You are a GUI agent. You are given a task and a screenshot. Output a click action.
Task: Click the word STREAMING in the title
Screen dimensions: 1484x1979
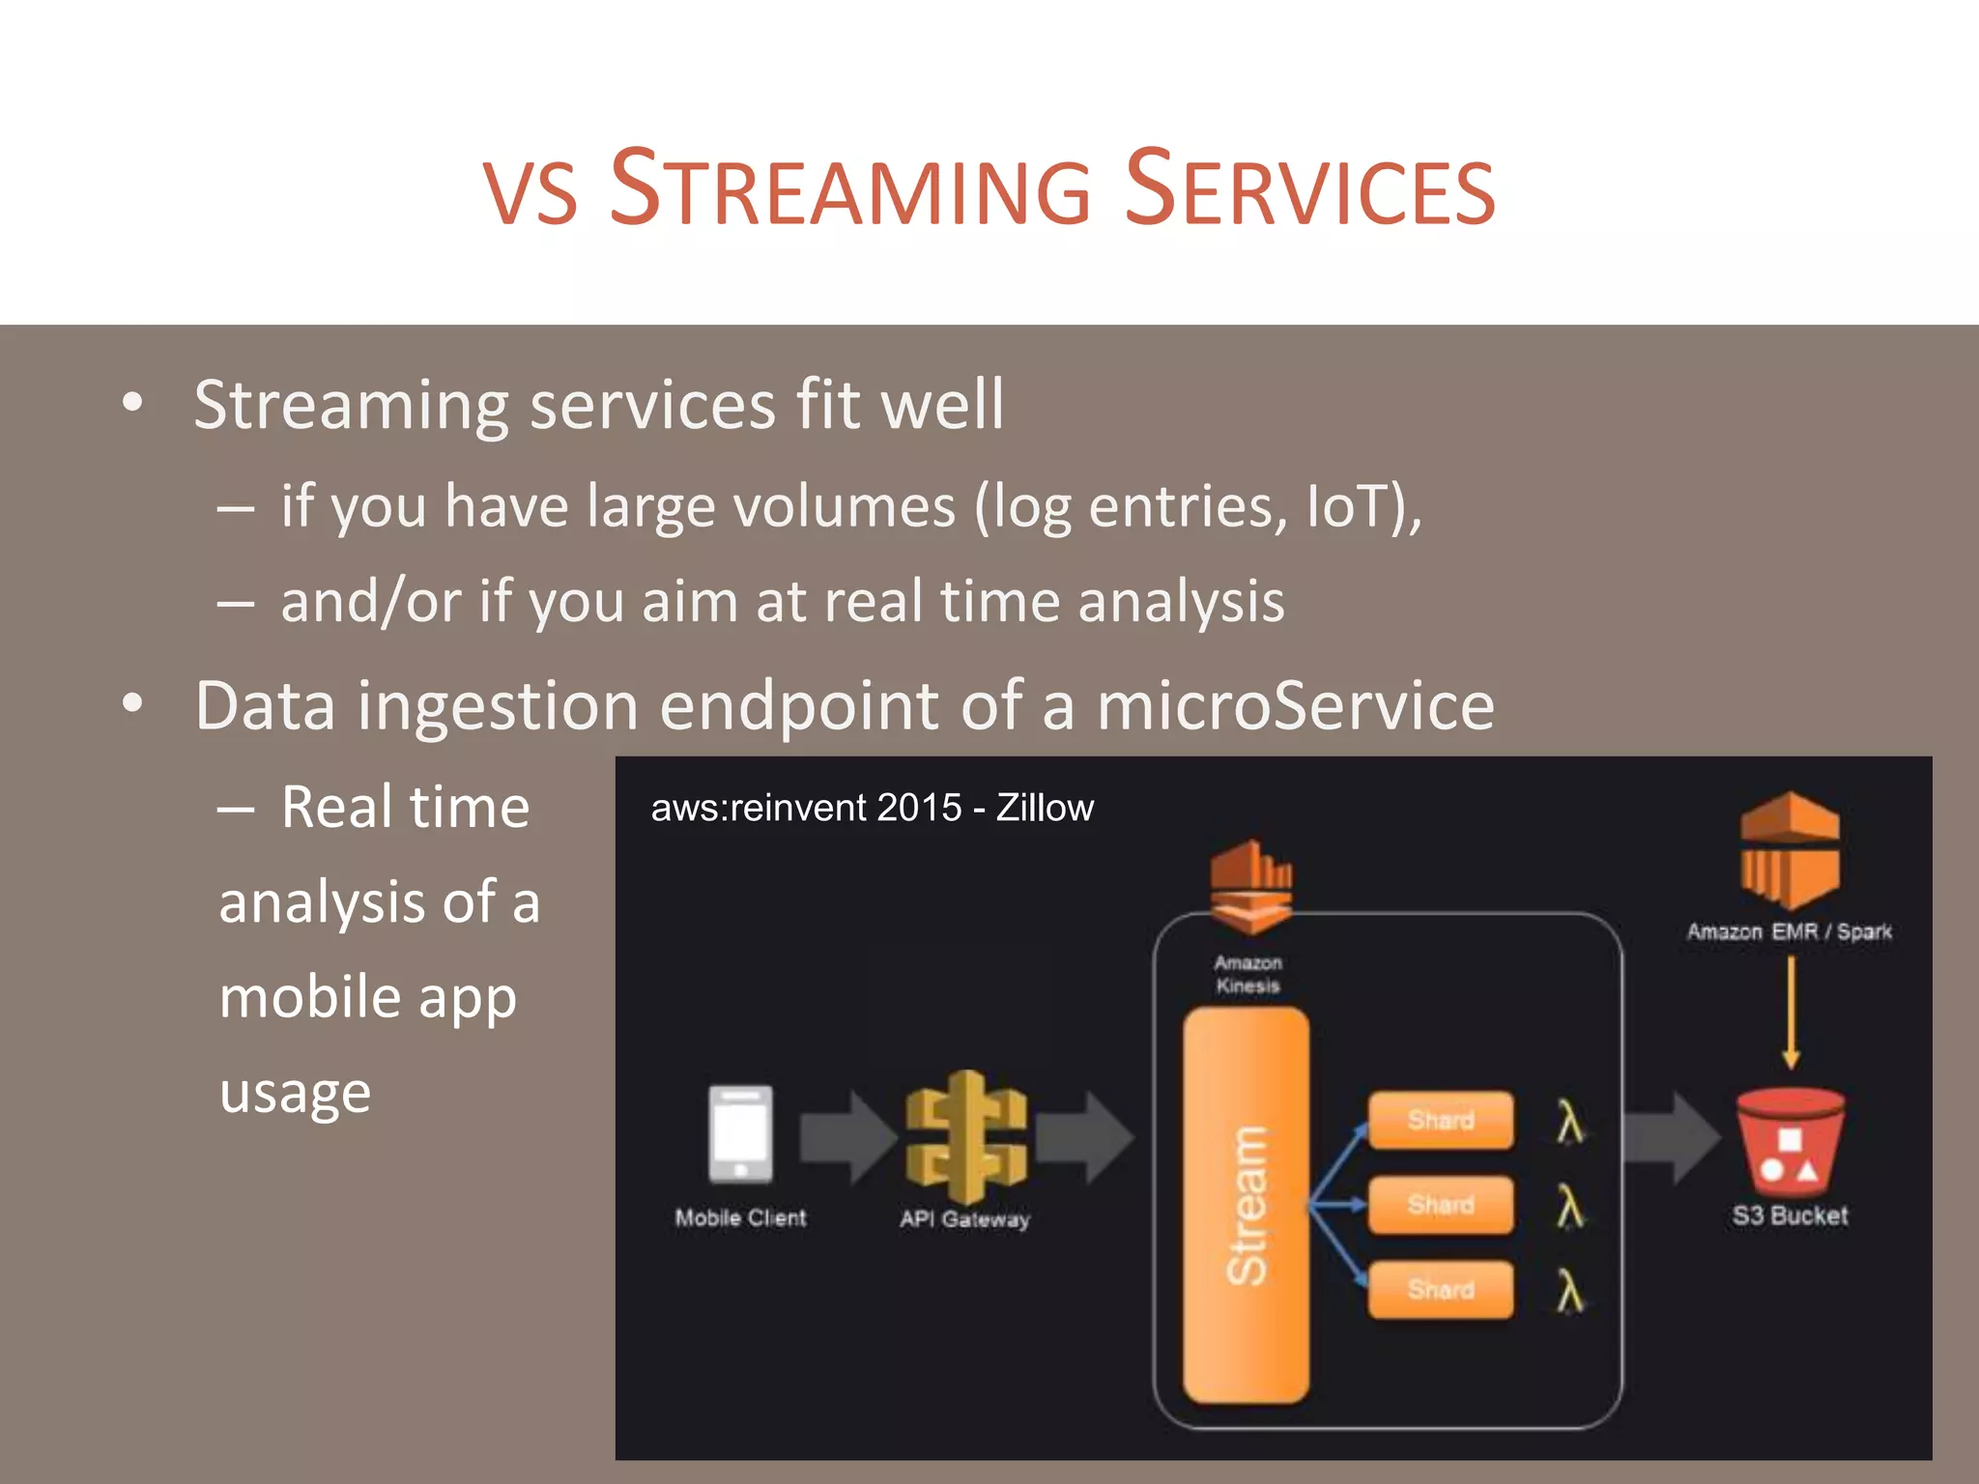pyautogui.click(x=850, y=188)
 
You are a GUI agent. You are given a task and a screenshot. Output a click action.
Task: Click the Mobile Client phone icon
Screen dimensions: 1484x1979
pyautogui.click(x=740, y=1134)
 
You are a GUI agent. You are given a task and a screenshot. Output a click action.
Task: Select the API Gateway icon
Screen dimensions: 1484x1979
pyautogui.click(x=965, y=1136)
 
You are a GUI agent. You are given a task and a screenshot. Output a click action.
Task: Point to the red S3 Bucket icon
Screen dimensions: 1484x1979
pyautogui.click(x=1791, y=1142)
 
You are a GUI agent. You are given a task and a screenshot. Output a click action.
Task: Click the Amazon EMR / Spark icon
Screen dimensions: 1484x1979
pyautogui.click(x=1790, y=850)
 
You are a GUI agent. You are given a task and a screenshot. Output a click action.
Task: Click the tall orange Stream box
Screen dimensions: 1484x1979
pyautogui.click(x=1247, y=1204)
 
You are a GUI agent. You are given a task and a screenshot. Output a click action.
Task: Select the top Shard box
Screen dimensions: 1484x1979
pyautogui.click(x=1441, y=1121)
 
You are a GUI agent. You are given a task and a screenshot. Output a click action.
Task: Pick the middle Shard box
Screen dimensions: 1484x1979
pyautogui.click(x=1441, y=1205)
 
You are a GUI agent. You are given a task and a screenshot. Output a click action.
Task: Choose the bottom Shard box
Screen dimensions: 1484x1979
pyautogui.click(x=1441, y=1289)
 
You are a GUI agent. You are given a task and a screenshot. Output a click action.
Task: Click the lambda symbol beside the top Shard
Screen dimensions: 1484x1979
pyautogui.click(x=1570, y=1123)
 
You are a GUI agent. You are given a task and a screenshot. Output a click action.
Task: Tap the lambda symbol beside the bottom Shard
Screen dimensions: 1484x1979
pyautogui.click(x=1570, y=1292)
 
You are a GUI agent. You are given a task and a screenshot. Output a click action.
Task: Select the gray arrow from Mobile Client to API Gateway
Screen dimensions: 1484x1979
pyautogui.click(x=846, y=1137)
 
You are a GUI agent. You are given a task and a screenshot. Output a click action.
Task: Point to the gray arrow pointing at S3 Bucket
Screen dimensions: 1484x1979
pyautogui.click(x=1670, y=1137)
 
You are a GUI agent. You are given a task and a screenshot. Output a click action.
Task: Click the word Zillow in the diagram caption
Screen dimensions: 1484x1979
pyautogui.click(x=1045, y=808)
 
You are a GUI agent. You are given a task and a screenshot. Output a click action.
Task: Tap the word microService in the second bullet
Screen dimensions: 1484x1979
pyautogui.click(x=1296, y=705)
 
